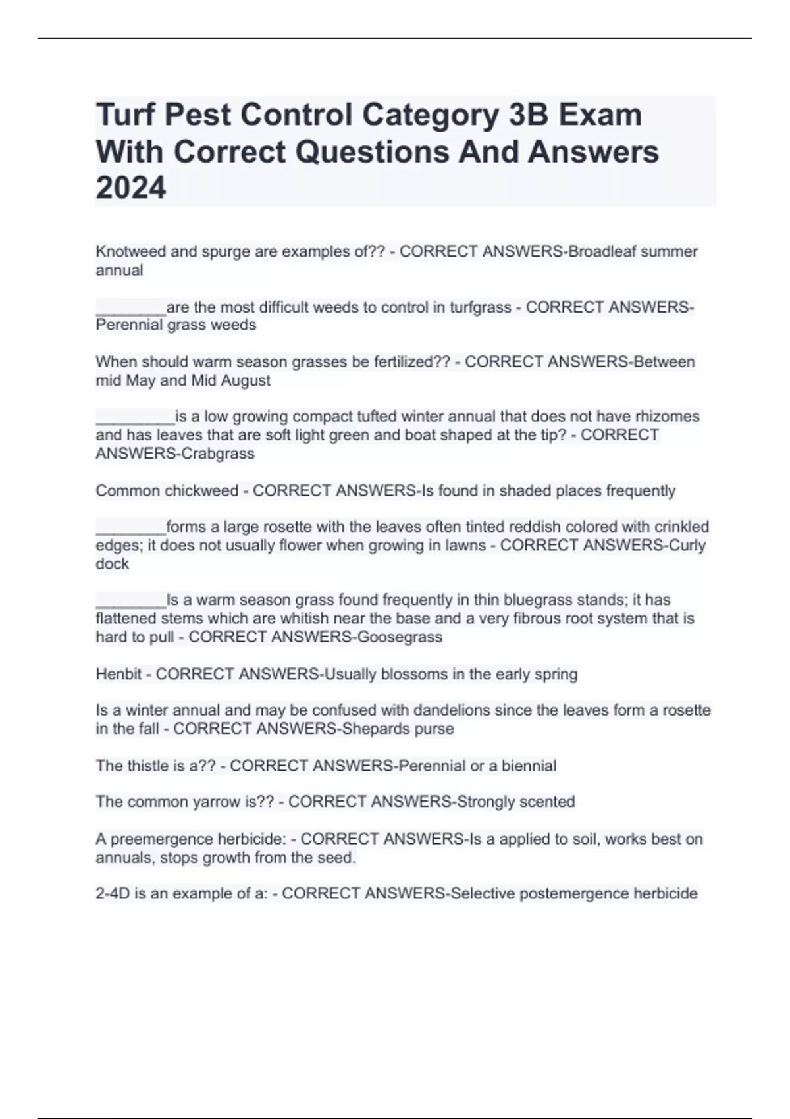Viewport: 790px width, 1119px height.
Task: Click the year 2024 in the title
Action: click(x=131, y=188)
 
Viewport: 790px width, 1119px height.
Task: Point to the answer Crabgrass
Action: click(x=217, y=454)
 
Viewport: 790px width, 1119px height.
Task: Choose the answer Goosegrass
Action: click(x=400, y=637)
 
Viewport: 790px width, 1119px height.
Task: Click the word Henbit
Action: click(x=116, y=674)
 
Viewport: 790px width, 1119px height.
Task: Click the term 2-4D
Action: click(x=113, y=893)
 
